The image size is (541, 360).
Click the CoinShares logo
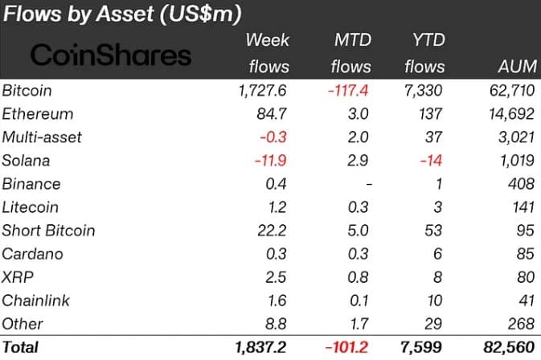coord(111,55)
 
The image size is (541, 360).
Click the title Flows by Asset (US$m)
coord(122,14)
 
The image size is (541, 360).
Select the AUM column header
coord(518,66)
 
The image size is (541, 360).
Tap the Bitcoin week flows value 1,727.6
coord(262,91)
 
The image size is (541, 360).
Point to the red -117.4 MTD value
coord(348,91)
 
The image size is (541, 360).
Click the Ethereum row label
coord(38,114)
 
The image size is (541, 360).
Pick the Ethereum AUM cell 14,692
coord(512,114)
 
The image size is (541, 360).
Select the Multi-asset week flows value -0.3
coord(273,137)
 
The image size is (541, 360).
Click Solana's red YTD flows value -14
coord(431,161)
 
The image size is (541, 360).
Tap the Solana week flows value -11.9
coord(270,161)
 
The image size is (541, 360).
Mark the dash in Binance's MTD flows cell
coord(369,184)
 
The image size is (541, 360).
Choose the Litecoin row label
coord(30,207)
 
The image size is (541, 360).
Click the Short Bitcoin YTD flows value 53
coord(433,231)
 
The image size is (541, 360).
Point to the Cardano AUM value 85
coord(526,254)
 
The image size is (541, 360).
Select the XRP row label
coord(18,277)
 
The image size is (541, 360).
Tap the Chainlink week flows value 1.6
coord(277,301)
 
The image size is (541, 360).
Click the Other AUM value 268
coord(522,324)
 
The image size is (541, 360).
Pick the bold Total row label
coord(20,347)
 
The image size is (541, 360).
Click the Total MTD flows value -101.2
coord(346,347)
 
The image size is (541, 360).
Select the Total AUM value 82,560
coord(510,347)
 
